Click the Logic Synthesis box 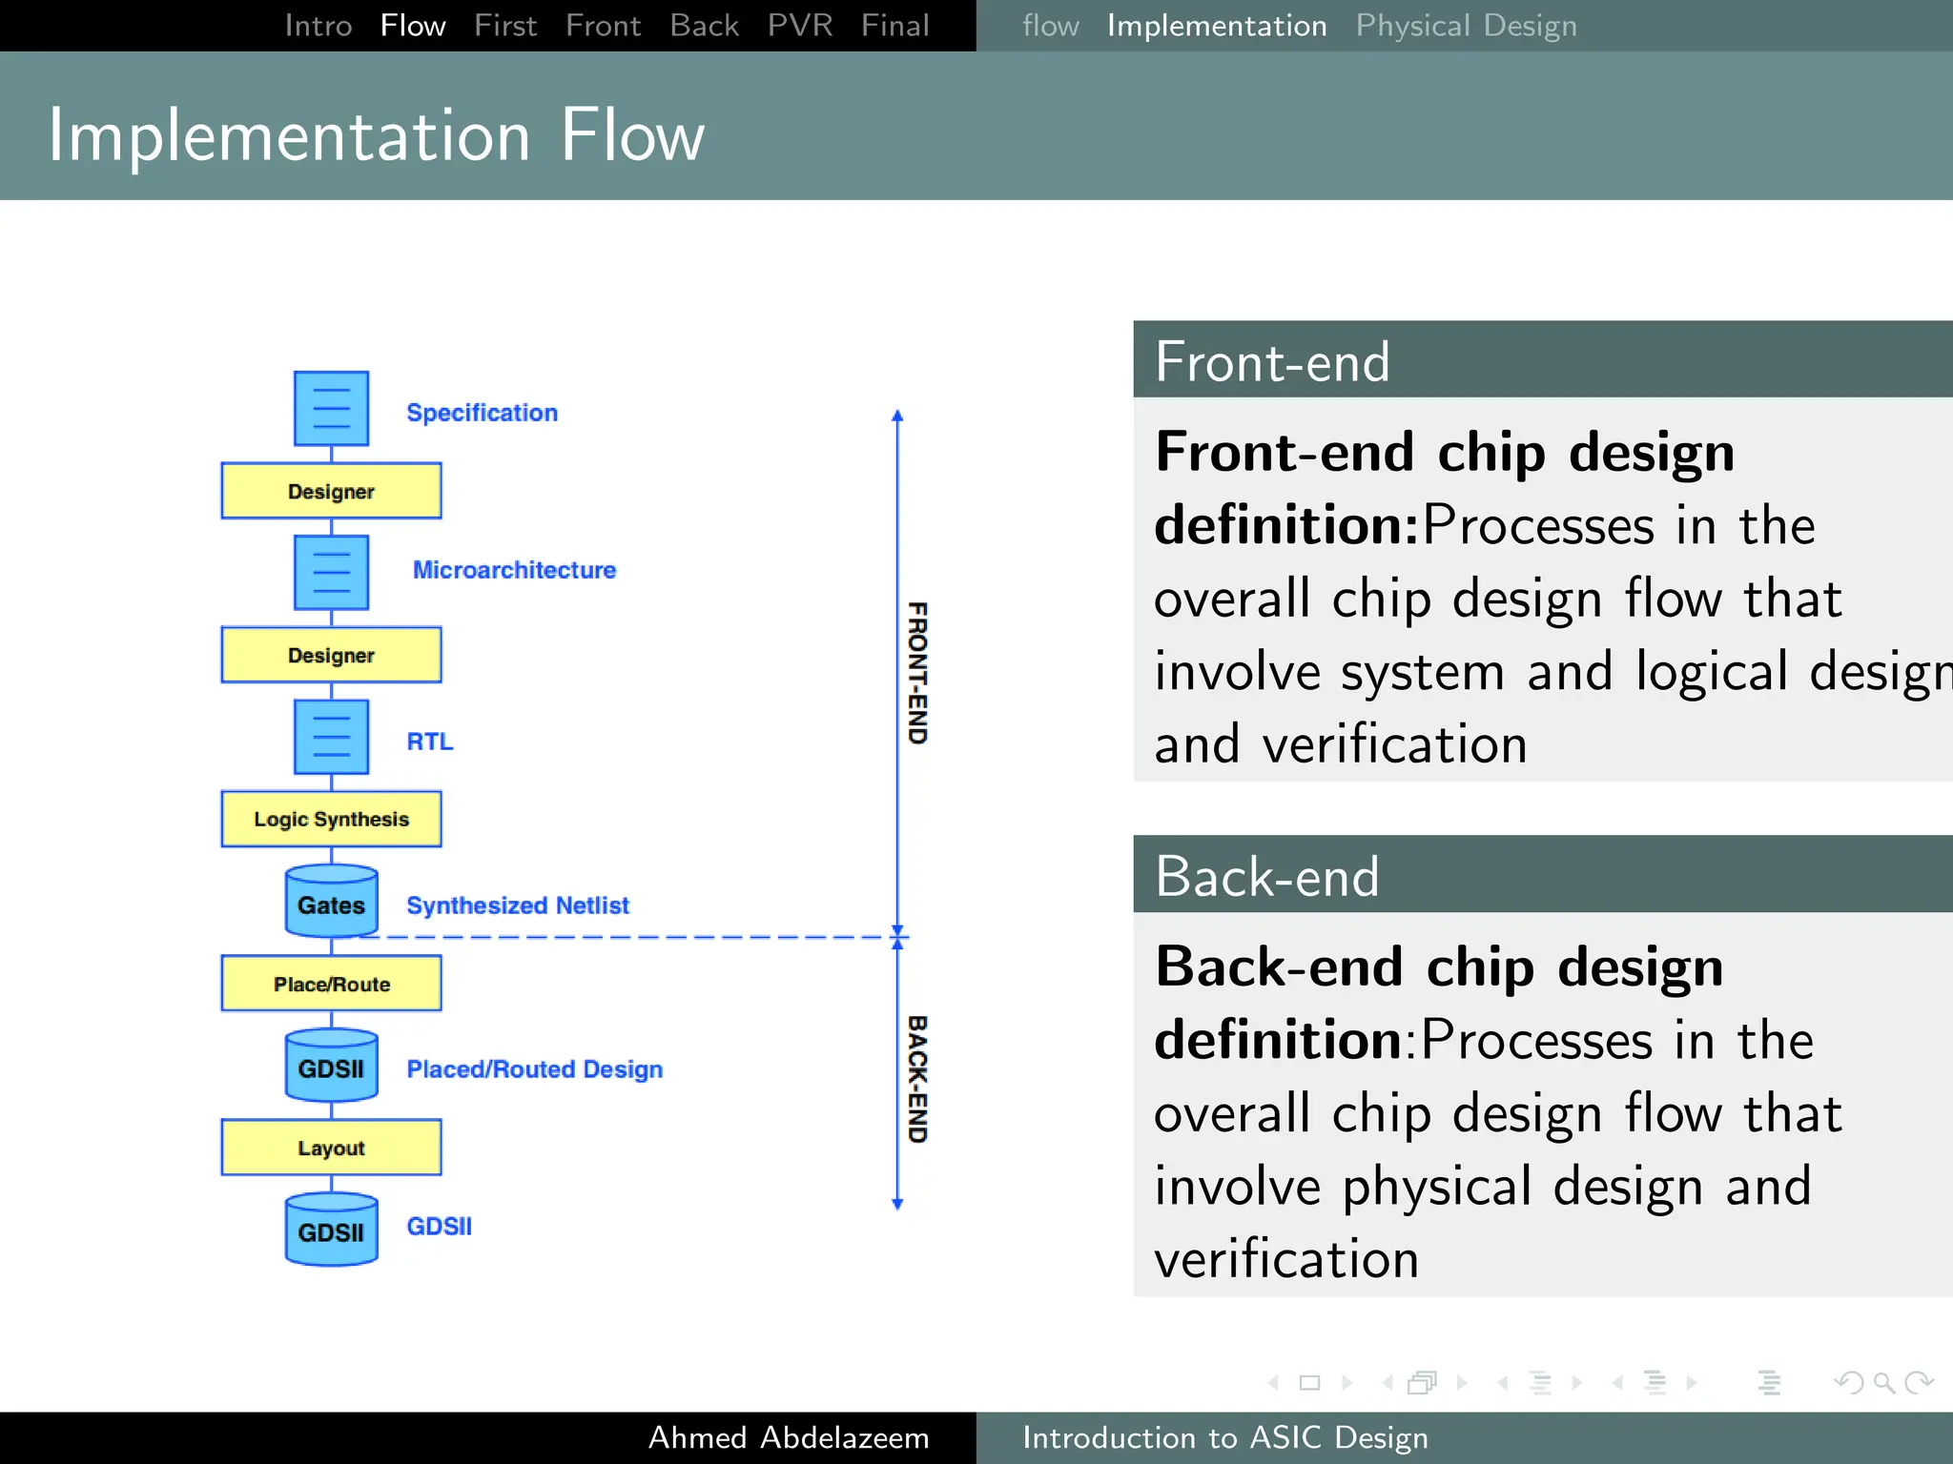pyautogui.click(x=331, y=819)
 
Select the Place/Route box pyautogui.click(x=331, y=984)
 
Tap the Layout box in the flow pyautogui.click(x=331, y=1148)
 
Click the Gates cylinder pyautogui.click(x=331, y=903)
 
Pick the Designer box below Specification pyautogui.click(x=331, y=491)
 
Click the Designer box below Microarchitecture pyautogui.click(x=331, y=655)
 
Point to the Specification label pyautogui.click(x=482, y=413)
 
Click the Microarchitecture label pyautogui.click(x=514, y=570)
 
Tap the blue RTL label pyautogui.click(x=429, y=742)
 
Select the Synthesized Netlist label pyautogui.click(x=518, y=905)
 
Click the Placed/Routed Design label pyautogui.click(x=534, y=1069)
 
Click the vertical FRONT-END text pyautogui.click(x=916, y=672)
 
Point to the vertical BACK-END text pyautogui.click(x=916, y=1079)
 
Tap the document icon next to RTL pyautogui.click(x=331, y=737)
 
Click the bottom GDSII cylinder pyautogui.click(x=331, y=1230)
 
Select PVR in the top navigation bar pyautogui.click(x=799, y=26)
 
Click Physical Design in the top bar pyautogui.click(x=1466, y=26)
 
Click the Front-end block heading pyautogui.click(x=1272, y=361)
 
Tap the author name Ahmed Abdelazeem pyautogui.click(x=789, y=1437)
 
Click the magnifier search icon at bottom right pyautogui.click(x=1883, y=1382)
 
